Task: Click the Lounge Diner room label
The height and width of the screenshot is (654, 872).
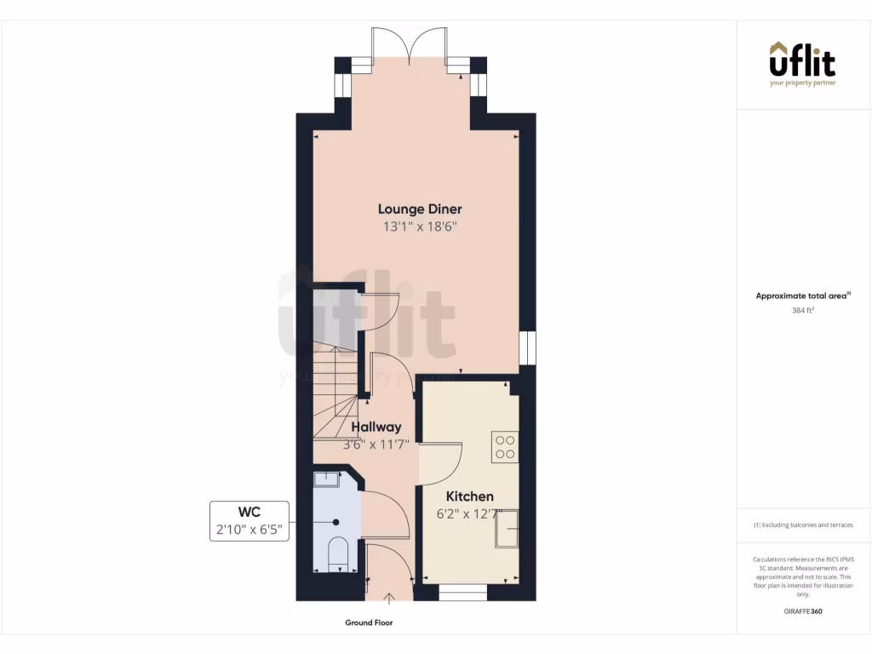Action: click(x=420, y=209)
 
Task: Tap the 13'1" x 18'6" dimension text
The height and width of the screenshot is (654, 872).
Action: click(x=420, y=227)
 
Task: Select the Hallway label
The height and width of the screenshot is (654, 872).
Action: click(x=376, y=427)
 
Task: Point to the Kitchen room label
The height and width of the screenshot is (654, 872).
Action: click(x=470, y=496)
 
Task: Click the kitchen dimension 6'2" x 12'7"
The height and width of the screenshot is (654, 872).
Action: click(x=470, y=513)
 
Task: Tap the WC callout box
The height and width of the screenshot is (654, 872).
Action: click(x=249, y=521)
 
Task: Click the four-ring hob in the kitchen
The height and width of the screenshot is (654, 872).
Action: click(x=504, y=447)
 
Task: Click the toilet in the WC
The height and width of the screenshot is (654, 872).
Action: click(x=338, y=553)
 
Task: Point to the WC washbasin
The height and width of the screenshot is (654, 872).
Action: click(x=327, y=479)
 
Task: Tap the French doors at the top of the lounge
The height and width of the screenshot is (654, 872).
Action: click(x=410, y=47)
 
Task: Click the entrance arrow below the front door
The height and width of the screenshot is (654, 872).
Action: click(x=390, y=599)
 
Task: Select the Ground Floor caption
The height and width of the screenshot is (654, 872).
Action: click(x=369, y=623)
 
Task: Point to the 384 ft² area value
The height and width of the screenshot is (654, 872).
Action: click(x=802, y=311)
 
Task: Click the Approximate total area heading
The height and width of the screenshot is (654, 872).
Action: click(x=802, y=296)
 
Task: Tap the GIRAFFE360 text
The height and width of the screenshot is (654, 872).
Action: click(x=802, y=611)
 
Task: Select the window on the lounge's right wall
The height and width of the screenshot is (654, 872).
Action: click(x=528, y=347)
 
